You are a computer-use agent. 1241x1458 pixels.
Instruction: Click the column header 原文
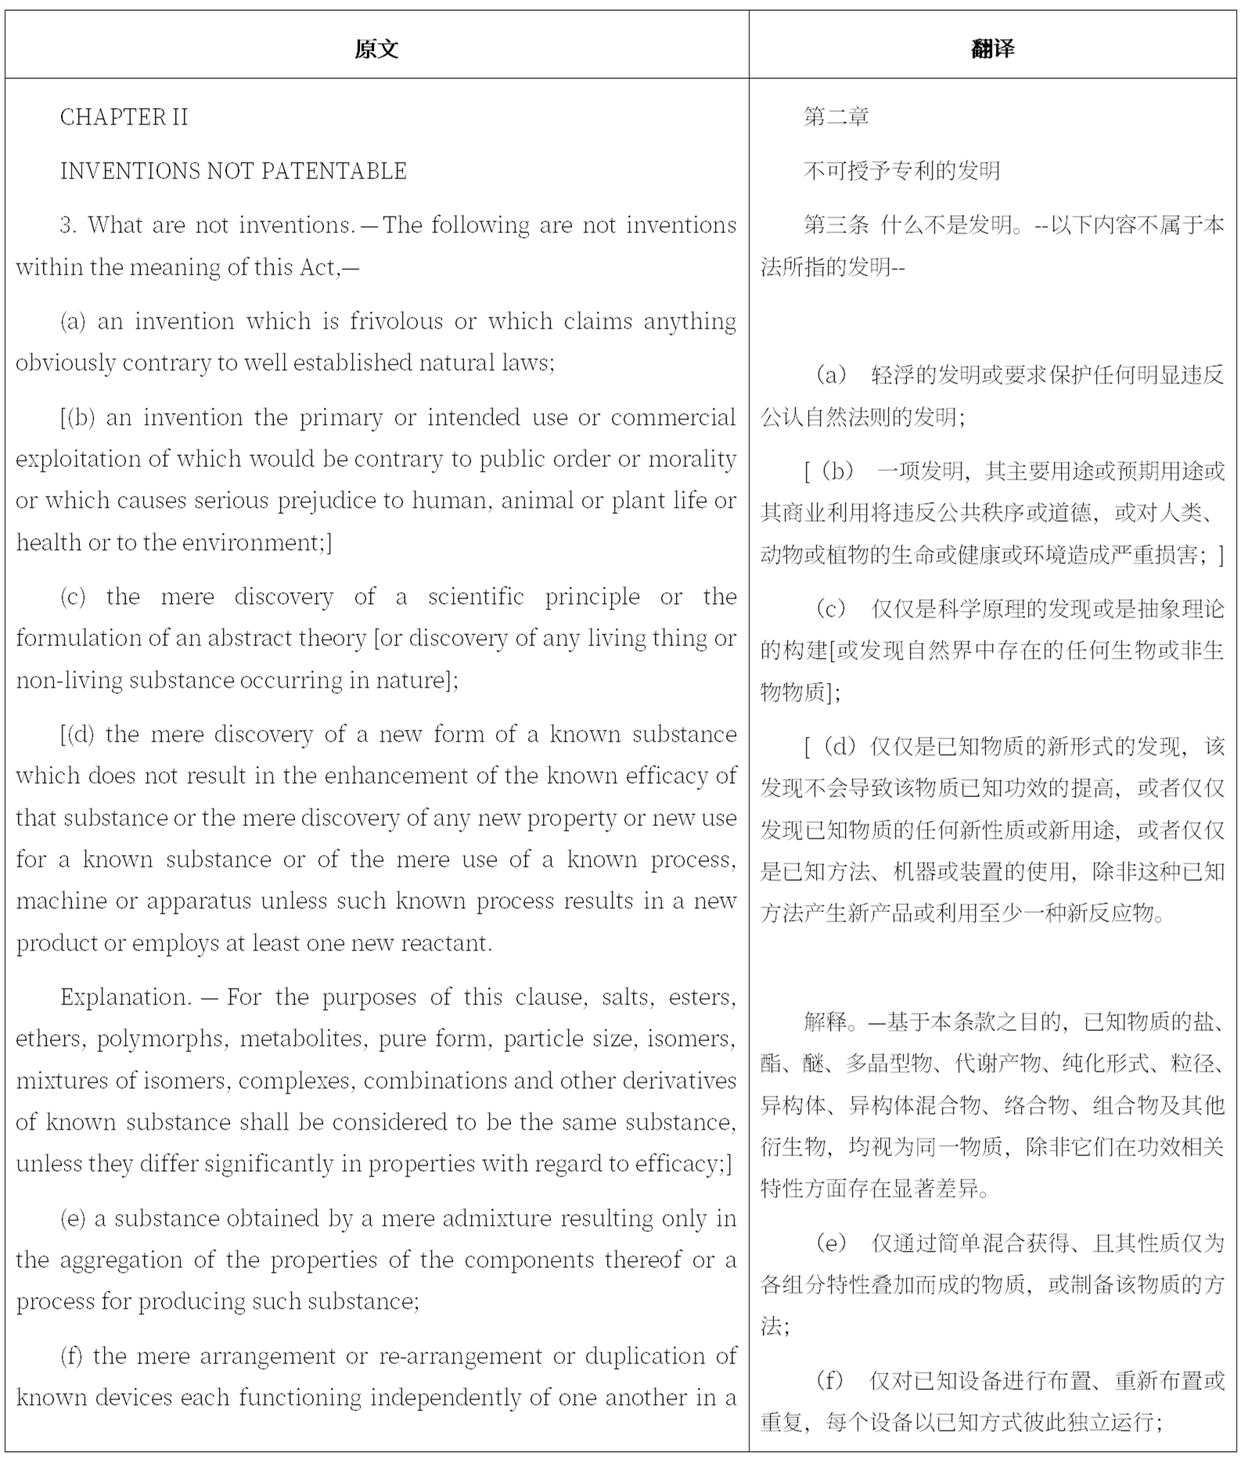pyautogui.click(x=376, y=48)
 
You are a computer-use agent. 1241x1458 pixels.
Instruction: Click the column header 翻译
pyautogui.click(x=992, y=48)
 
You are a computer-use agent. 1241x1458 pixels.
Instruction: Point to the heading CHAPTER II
pyautogui.click(x=124, y=117)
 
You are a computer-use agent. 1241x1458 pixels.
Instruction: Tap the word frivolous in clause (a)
pyautogui.click(x=396, y=321)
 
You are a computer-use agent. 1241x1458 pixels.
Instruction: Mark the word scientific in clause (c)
pyautogui.click(x=476, y=597)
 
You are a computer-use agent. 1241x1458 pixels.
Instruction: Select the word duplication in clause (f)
pyautogui.click(x=642, y=1356)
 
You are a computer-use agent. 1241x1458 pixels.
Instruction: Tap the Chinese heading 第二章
pyautogui.click(x=836, y=117)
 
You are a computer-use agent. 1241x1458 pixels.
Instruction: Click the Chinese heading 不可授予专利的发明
pyautogui.click(x=901, y=171)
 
